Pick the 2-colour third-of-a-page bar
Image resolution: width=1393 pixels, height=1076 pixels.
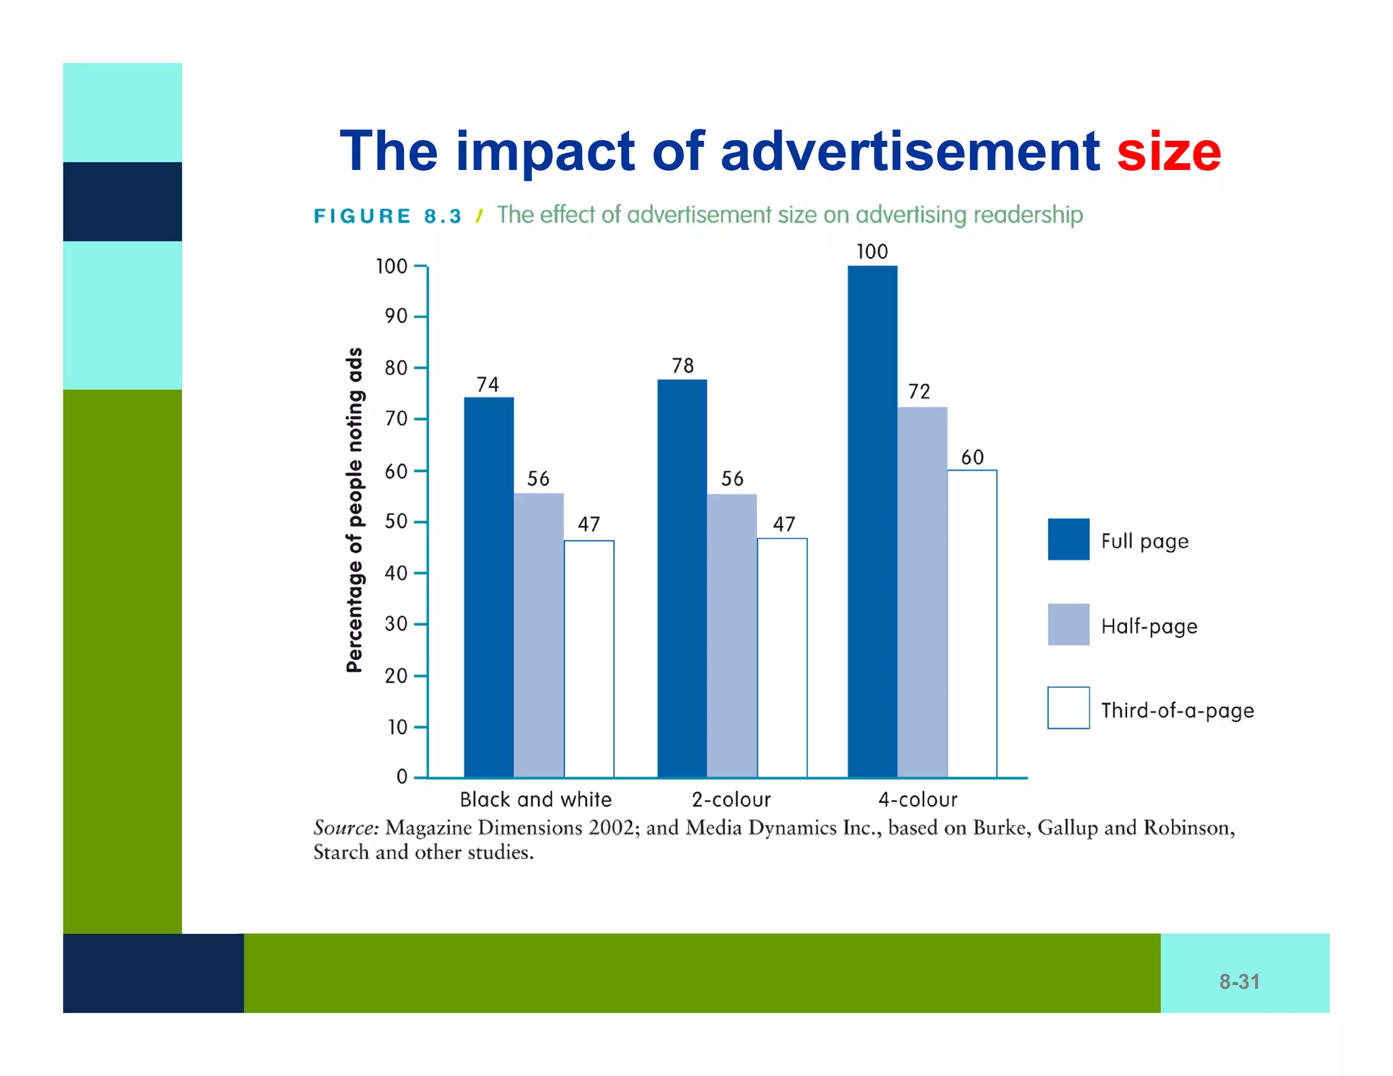click(782, 658)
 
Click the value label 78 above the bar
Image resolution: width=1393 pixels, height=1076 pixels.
click(682, 366)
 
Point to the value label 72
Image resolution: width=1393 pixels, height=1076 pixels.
click(919, 392)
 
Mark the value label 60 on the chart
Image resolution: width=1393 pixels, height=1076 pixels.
click(972, 457)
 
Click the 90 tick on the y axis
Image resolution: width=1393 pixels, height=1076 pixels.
click(396, 316)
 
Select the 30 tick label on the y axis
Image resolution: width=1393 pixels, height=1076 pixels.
click(396, 624)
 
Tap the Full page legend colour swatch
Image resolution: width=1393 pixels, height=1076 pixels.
click(1068, 539)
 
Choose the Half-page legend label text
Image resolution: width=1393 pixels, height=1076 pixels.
click(1149, 626)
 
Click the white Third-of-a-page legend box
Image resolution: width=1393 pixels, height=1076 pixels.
click(1068, 708)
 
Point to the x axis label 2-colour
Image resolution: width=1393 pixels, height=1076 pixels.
click(731, 799)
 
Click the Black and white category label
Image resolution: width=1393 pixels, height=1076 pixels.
click(535, 799)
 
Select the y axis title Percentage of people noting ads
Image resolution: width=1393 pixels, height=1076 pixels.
click(355, 510)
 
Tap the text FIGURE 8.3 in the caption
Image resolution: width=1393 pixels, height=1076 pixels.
click(388, 216)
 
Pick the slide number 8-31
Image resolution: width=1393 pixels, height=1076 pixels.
click(1239, 981)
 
